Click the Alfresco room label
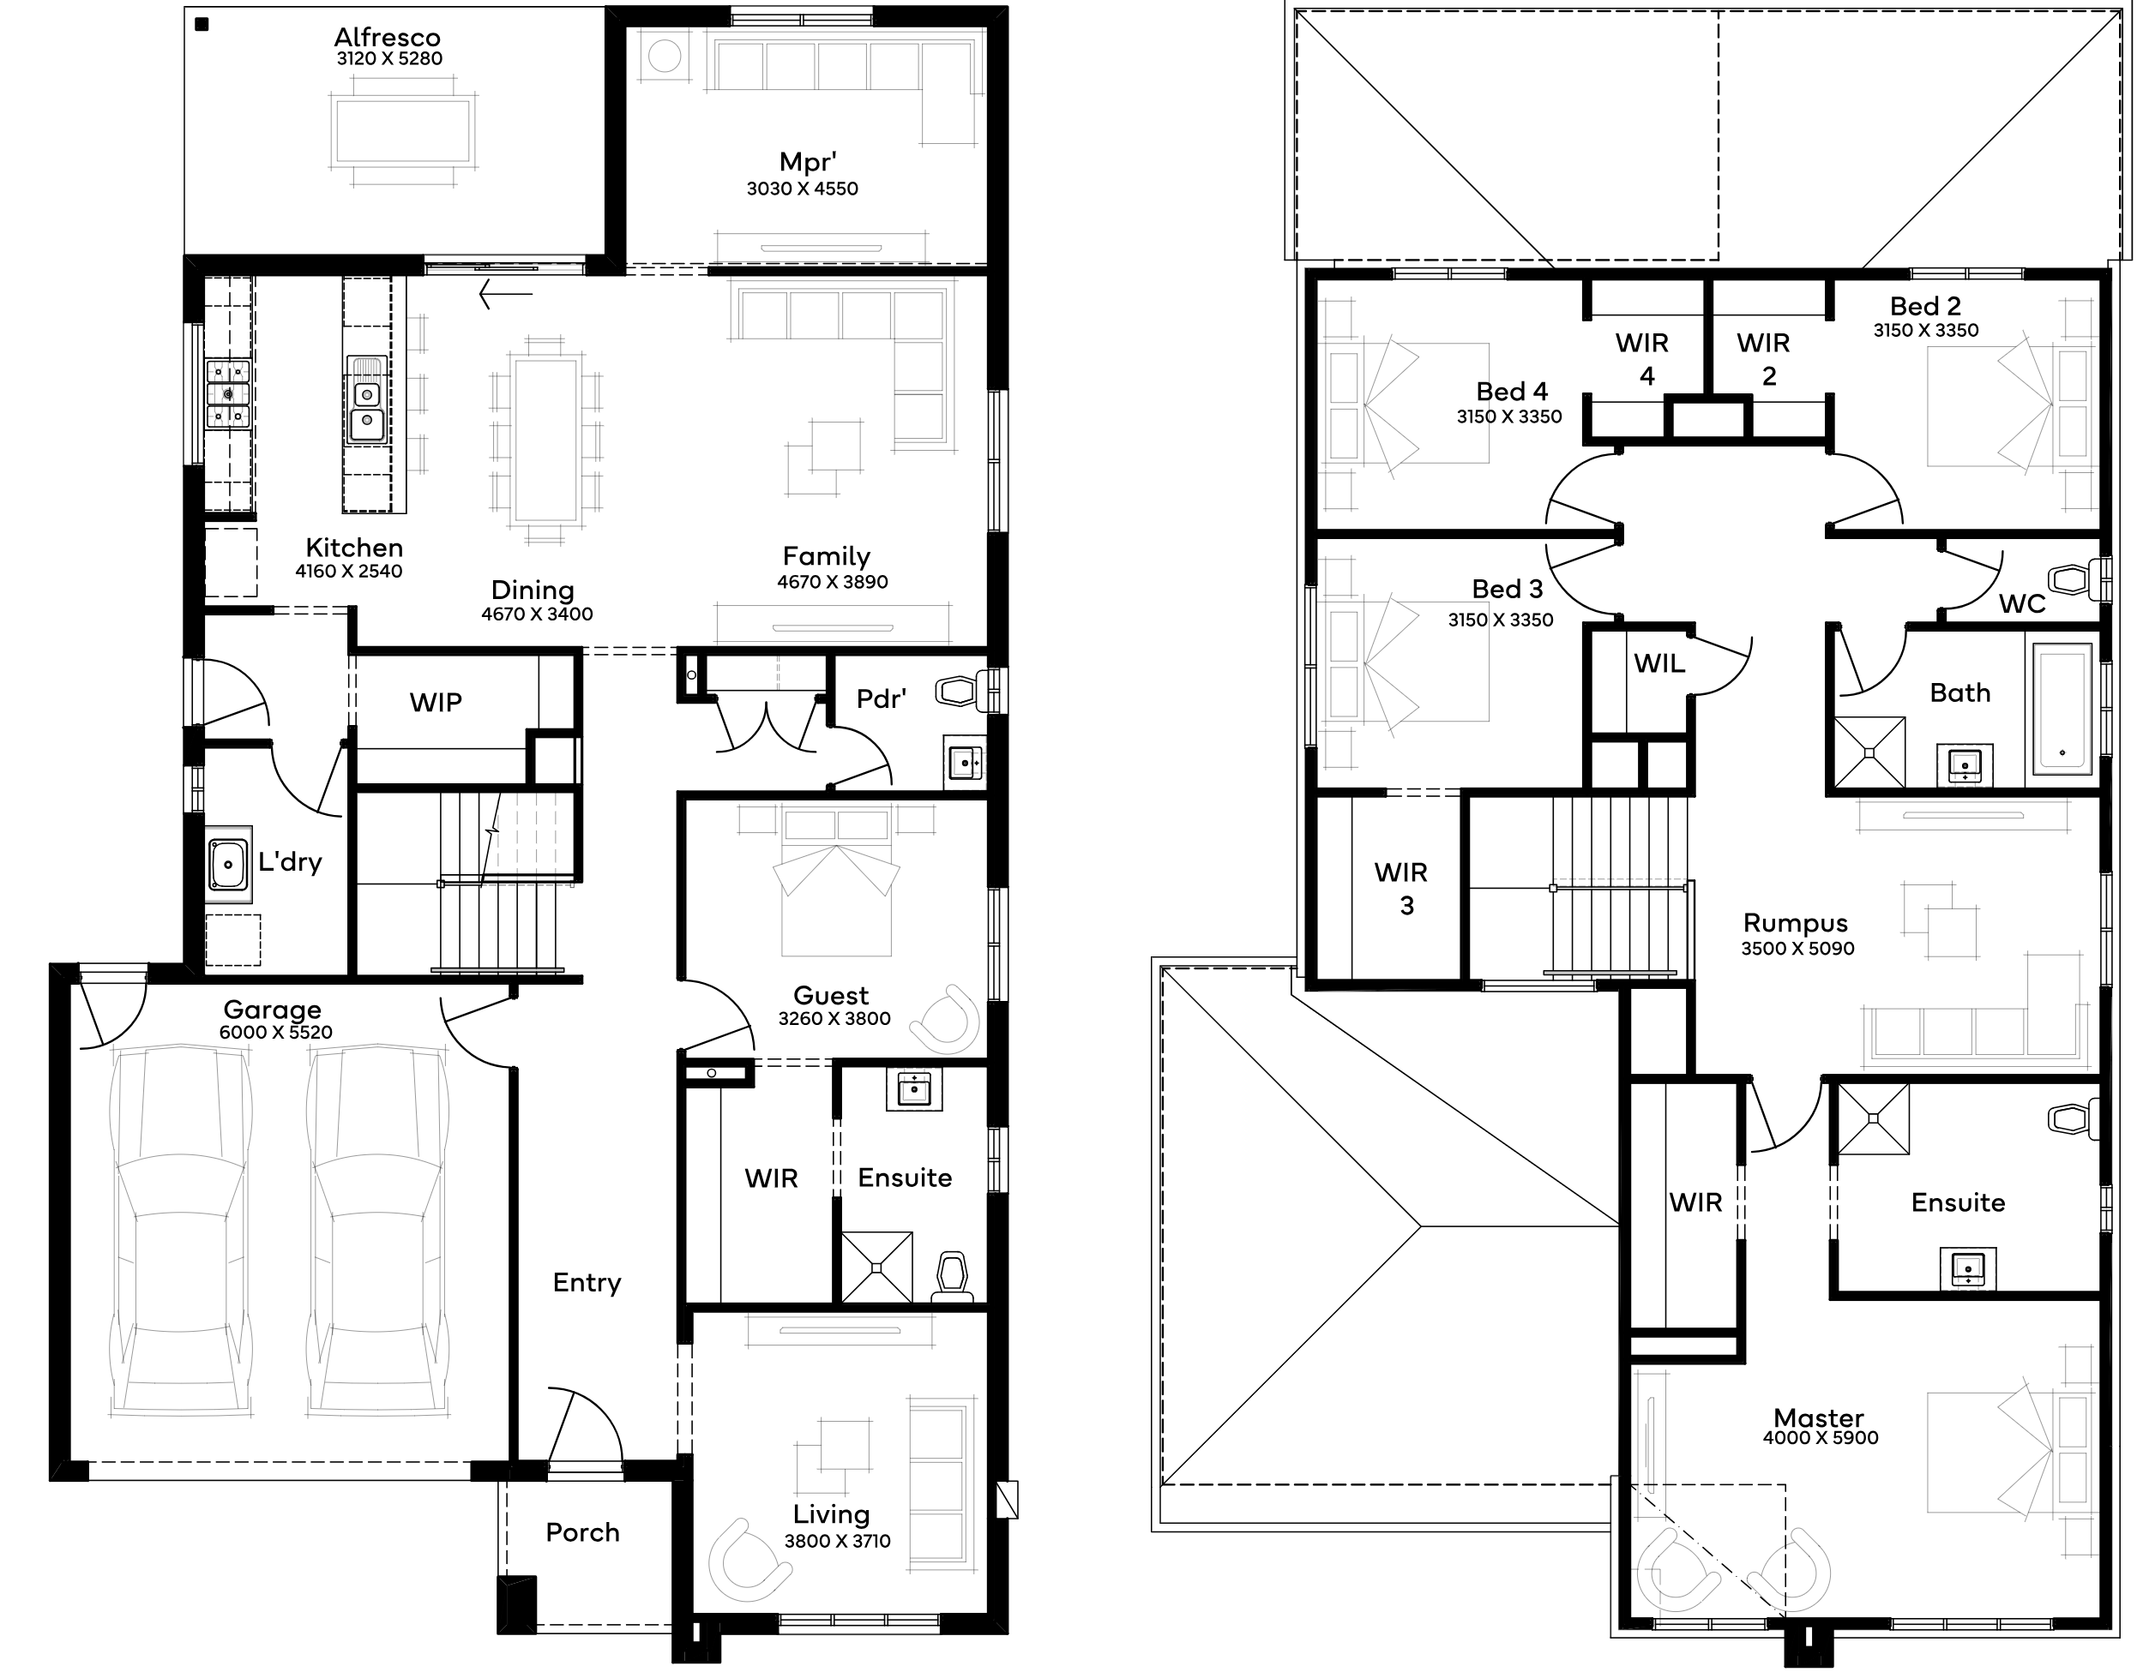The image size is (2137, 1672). coord(387,37)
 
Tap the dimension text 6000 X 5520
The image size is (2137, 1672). coord(276,1032)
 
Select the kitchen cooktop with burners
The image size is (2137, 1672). coord(228,393)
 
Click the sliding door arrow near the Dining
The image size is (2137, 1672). coord(505,294)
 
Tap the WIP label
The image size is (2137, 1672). coord(436,702)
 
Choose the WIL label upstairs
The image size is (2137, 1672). coord(1659,663)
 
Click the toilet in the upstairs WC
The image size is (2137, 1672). coord(2077,579)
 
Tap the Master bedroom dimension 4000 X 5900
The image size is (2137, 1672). coord(1821,1438)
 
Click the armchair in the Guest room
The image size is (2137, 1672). coord(946,1019)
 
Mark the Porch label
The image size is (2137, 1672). coord(583,1532)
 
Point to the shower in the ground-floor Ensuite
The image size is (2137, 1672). coord(876,1267)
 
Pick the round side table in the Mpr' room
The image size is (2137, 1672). coord(665,57)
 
